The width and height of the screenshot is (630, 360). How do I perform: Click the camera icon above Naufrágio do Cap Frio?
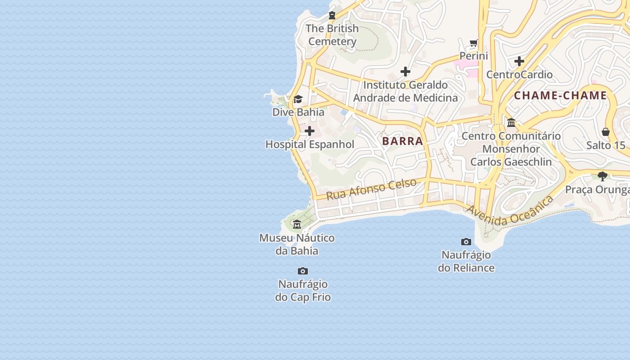tap(303, 271)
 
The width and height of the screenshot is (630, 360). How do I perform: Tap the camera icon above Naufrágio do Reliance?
tap(466, 242)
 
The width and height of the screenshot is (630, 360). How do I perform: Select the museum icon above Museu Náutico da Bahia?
tap(297, 224)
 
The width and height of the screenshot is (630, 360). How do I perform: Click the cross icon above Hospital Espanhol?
tap(310, 131)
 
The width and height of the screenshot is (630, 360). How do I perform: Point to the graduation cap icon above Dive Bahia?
tap(298, 99)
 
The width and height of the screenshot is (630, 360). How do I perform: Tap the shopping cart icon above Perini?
tap(473, 43)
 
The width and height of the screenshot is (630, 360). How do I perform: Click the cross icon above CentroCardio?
tap(519, 61)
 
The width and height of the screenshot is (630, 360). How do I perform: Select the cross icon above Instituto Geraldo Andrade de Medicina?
tap(405, 72)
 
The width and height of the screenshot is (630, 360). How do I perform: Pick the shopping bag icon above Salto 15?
tap(606, 132)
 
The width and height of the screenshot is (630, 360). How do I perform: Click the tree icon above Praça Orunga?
tap(603, 176)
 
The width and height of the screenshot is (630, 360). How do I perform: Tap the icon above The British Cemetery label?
tap(332, 15)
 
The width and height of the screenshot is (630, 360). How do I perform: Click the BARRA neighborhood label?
tap(403, 141)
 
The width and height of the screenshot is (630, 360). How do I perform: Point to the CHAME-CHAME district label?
tap(561, 95)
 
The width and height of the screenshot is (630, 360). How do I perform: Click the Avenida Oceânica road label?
tap(509, 211)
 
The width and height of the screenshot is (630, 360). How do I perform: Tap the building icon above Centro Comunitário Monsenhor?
tap(511, 122)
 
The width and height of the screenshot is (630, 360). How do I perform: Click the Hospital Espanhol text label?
tap(310, 144)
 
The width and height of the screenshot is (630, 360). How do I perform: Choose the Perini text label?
tap(473, 56)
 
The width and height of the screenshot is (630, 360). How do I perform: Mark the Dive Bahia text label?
tap(298, 112)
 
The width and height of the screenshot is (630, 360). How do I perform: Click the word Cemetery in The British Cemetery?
tap(332, 41)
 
